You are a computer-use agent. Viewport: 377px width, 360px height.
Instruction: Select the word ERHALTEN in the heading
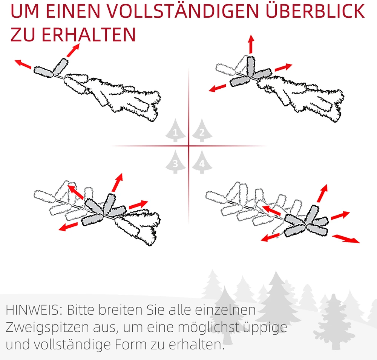(x=89, y=34)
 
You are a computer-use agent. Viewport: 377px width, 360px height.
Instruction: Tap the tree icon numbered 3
(x=175, y=162)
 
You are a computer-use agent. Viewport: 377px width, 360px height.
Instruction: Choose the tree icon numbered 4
(x=202, y=162)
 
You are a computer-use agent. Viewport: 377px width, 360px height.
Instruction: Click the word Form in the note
(x=131, y=345)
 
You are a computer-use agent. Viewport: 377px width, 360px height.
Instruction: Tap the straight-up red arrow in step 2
(x=251, y=44)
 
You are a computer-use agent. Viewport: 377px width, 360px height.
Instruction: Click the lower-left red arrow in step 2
(x=218, y=88)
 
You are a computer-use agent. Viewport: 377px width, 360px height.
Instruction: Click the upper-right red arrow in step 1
(x=73, y=50)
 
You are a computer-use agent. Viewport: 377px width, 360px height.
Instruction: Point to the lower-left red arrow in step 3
(x=68, y=226)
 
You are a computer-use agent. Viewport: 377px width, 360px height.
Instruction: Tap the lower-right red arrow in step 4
(x=346, y=239)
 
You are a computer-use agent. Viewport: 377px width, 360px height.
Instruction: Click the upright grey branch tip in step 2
(x=251, y=66)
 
